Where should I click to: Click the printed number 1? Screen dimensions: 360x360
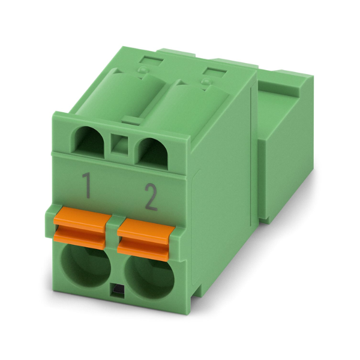click(x=86, y=185)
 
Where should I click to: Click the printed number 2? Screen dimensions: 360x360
click(x=151, y=197)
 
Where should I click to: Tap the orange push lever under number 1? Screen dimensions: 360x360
click(x=80, y=228)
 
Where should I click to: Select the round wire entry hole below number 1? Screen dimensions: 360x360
click(x=85, y=266)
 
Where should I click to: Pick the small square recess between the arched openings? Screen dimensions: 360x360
click(x=119, y=145)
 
